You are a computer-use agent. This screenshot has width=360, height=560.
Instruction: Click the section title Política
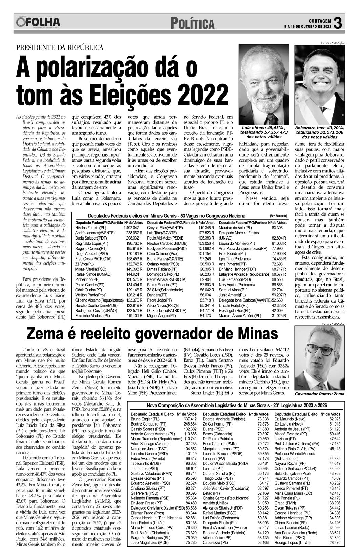tap(192, 24)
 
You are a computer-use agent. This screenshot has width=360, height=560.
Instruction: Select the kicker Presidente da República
tap(60, 48)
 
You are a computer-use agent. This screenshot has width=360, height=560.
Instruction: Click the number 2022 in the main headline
tap(203, 93)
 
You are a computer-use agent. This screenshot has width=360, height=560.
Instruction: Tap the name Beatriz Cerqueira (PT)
tap(148, 424)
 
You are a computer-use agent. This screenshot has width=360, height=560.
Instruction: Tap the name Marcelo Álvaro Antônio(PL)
tap(240, 316)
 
